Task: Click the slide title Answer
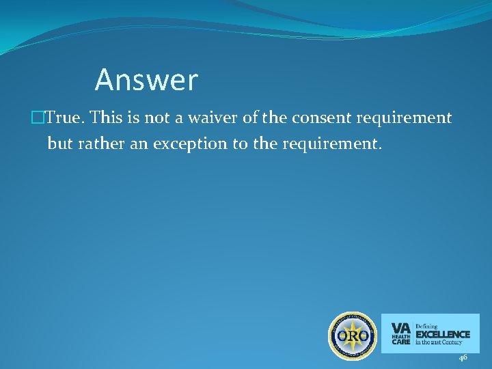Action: [x=146, y=80]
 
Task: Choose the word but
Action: [x=60, y=144]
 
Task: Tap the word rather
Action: [x=100, y=144]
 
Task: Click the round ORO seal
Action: [x=353, y=336]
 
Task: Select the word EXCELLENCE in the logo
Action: [x=443, y=334]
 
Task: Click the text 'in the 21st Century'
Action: [x=439, y=343]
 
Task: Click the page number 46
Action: [x=463, y=357]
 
